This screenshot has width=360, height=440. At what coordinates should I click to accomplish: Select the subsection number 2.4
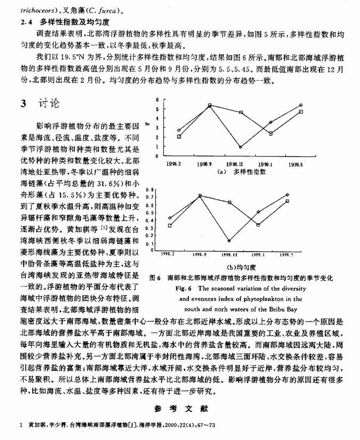tap(26, 22)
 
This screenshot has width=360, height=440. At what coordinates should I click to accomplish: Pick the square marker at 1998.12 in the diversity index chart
tap(241, 113)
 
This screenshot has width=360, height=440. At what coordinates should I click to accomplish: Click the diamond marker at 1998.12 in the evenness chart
tap(228, 241)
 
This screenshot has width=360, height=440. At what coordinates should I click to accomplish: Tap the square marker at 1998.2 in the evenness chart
tap(170, 225)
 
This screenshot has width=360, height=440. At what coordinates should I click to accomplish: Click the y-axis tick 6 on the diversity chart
tap(157, 100)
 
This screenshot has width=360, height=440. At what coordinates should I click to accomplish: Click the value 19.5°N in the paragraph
tap(79, 56)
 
